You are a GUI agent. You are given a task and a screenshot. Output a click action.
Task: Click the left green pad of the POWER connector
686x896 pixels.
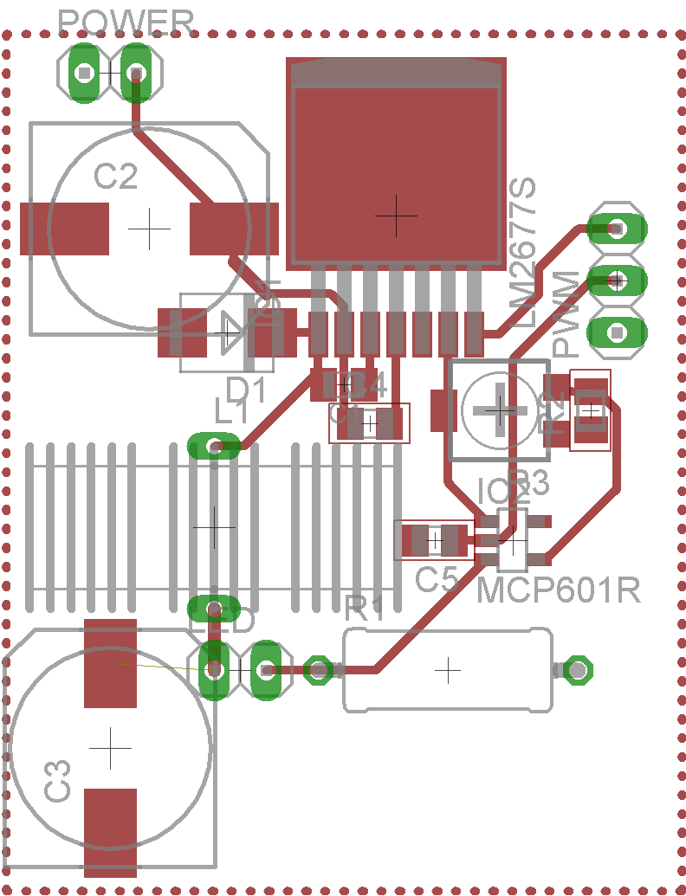(x=84, y=73)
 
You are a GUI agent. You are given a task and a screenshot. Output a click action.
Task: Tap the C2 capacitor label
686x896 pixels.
(x=115, y=177)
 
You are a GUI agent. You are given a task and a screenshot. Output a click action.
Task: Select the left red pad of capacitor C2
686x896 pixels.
(x=64, y=229)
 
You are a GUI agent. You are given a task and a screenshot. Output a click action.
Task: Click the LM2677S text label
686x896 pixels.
(x=523, y=251)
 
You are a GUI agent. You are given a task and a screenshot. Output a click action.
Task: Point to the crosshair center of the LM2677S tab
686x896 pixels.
(x=396, y=216)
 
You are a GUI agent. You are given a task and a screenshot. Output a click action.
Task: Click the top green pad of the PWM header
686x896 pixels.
(x=617, y=229)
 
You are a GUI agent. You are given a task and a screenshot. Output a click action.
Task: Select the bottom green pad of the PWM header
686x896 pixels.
(x=617, y=332)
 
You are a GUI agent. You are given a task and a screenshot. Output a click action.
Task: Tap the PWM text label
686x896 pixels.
(x=566, y=313)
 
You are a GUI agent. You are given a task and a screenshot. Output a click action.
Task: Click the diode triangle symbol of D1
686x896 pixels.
(x=228, y=332)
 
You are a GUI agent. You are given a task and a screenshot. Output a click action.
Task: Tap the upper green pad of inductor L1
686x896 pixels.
(x=214, y=447)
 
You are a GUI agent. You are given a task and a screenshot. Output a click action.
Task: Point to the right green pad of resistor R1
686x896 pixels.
(x=577, y=669)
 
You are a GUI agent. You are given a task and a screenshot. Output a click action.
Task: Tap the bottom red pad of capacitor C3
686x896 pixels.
(x=111, y=832)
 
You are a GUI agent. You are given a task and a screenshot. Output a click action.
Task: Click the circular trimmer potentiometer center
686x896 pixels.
(x=500, y=409)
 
